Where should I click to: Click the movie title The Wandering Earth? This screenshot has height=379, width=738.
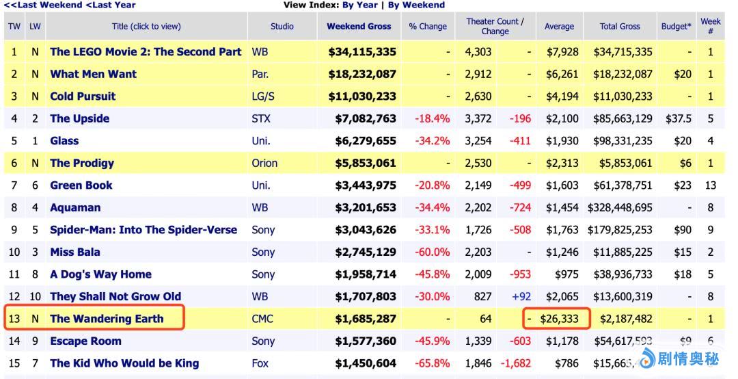pos(107,318)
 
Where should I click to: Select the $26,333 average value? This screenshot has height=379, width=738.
pos(559,318)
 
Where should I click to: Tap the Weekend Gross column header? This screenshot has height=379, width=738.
pos(359,26)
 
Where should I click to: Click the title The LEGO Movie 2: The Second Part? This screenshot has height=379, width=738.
pos(146,51)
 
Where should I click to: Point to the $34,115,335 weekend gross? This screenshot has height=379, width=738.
pos(361,51)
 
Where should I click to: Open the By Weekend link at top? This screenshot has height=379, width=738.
pos(416,5)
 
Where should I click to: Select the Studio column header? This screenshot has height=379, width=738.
pos(282,26)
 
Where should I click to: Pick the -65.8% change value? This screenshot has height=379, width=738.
pos(432,363)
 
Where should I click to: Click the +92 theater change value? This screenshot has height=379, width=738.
pos(520,296)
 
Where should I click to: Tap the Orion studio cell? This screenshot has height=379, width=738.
pos(264,163)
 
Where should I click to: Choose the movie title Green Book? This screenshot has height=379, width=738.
pos(81,185)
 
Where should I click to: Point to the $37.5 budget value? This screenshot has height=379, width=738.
pos(678,118)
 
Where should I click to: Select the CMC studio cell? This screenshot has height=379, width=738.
pos(263,318)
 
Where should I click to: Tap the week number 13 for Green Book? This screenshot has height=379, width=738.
pos(711,185)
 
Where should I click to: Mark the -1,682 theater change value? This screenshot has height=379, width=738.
pos(516,363)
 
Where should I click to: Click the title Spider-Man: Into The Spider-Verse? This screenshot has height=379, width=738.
pos(143,230)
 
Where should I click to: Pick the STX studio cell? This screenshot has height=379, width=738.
pos(261,118)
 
